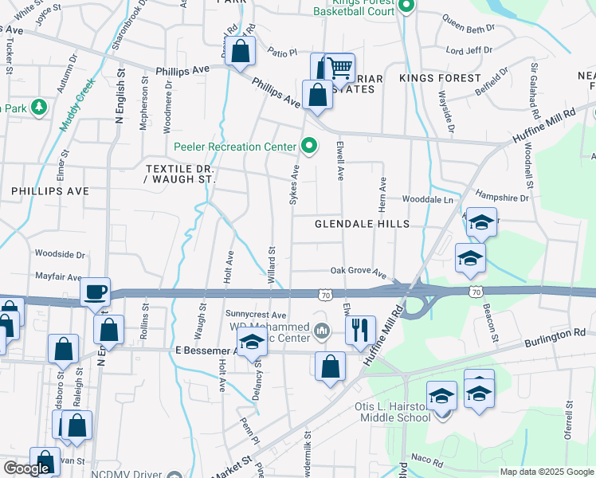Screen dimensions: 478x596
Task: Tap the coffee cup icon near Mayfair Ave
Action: [x=96, y=292]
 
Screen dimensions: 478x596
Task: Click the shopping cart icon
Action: [x=340, y=68]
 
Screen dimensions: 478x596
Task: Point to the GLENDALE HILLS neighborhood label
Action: [x=362, y=224]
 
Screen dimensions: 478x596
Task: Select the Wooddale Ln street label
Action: [x=428, y=198]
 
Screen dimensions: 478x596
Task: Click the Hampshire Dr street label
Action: [x=502, y=197]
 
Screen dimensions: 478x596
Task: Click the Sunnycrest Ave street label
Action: [x=255, y=315]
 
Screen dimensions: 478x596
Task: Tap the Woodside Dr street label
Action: [x=60, y=254]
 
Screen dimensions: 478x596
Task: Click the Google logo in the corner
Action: [x=26, y=468]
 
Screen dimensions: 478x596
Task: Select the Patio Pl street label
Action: [x=282, y=52]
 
